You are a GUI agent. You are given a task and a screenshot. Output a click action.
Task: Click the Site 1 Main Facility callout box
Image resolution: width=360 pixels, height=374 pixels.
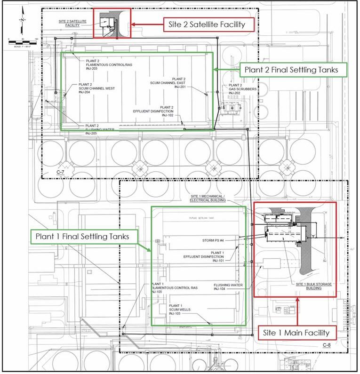pos(297,333)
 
